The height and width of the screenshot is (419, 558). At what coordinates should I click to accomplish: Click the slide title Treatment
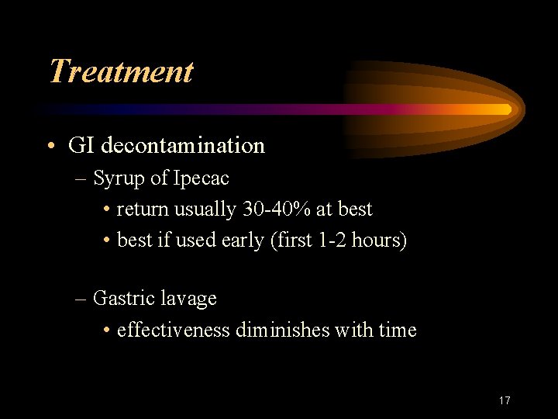(x=120, y=71)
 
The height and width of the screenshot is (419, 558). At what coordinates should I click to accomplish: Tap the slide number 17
(x=505, y=400)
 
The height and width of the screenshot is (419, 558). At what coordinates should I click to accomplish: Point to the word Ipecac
(x=201, y=178)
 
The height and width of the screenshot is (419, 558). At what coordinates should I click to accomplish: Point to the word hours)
(x=379, y=241)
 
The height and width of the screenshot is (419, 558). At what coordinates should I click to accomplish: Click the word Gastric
(x=119, y=298)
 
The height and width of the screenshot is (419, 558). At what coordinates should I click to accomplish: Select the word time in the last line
(x=398, y=330)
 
